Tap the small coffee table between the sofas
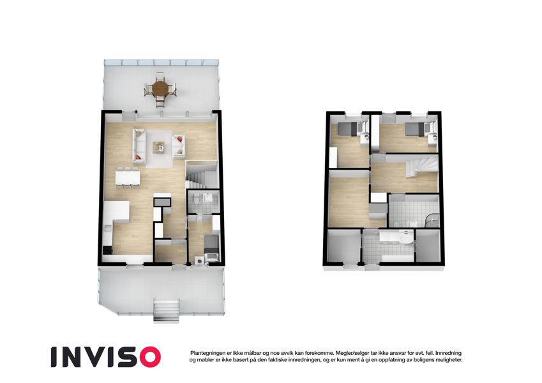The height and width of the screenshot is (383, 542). pos(160,147)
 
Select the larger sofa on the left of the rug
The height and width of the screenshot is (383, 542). pos(139,146)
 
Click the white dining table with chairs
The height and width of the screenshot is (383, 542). pos(128,177)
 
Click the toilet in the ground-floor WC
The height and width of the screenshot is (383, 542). pos(197,199)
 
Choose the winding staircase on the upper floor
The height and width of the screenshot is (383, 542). pos(421,165)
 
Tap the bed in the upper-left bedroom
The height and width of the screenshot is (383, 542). pos(349,130)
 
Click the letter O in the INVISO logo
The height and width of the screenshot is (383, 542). pos(147,357)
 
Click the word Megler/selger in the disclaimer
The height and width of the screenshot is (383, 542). pos(352,353)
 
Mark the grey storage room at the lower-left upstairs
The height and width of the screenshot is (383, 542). pos(343,247)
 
